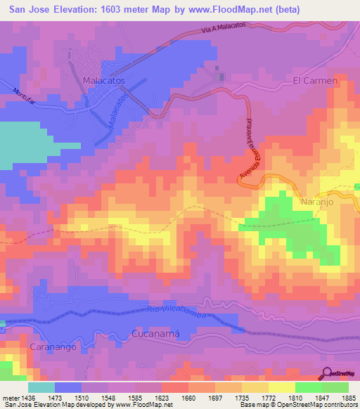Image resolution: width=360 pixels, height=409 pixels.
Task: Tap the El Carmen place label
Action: point(315,81)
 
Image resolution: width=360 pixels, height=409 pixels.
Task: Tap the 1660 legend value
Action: point(188,397)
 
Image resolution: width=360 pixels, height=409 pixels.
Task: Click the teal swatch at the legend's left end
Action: point(41,387)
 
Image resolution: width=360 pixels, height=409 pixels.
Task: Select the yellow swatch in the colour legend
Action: point(281,387)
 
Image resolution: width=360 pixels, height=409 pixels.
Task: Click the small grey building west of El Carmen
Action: point(218,76)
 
